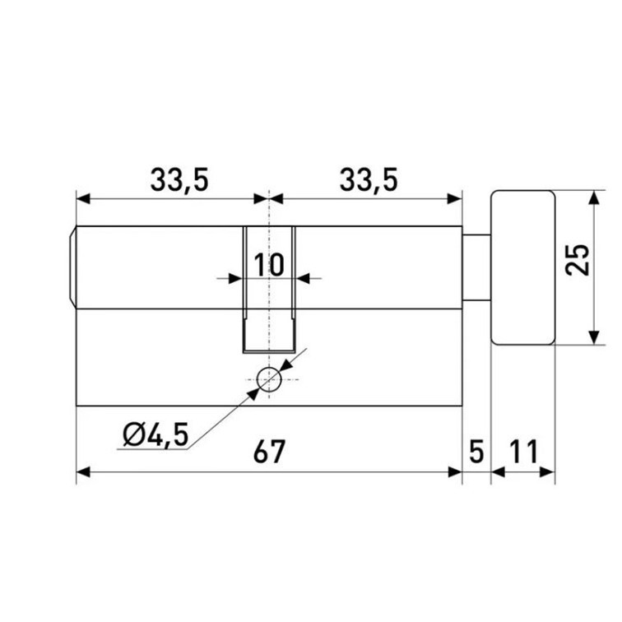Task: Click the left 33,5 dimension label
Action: point(179,180)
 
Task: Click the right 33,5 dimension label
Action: point(369,180)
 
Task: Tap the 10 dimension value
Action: point(269,265)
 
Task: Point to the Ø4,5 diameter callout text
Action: point(155,435)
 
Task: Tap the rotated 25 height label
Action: point(578,260)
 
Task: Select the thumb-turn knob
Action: point(522,267)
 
